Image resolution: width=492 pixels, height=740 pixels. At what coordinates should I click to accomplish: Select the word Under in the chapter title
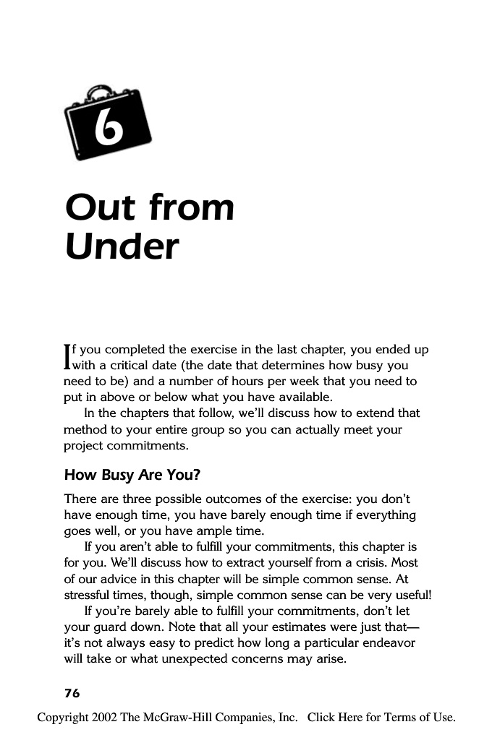click(x=121, y=247)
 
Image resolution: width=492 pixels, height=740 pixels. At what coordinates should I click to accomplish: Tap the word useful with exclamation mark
click(x=412, y=594)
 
